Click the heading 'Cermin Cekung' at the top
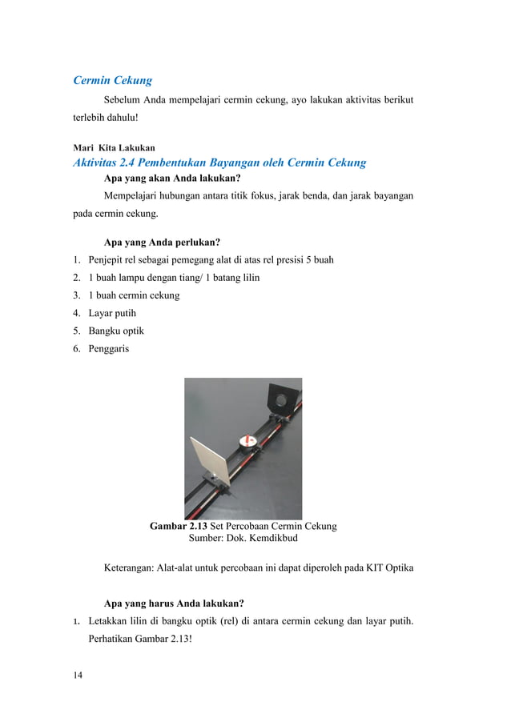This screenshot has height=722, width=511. click(112, 80)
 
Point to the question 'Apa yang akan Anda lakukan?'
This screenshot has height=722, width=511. click(173, 178)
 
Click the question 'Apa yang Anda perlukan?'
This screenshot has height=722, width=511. click(163, 243)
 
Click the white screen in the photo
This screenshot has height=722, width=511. click(210, 461)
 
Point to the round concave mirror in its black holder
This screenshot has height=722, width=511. click(282, 398)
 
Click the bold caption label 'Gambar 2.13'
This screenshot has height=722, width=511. click(178, 527)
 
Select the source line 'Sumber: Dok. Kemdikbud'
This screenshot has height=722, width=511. click(243, 539)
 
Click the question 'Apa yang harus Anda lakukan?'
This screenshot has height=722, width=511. click(175, 603)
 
